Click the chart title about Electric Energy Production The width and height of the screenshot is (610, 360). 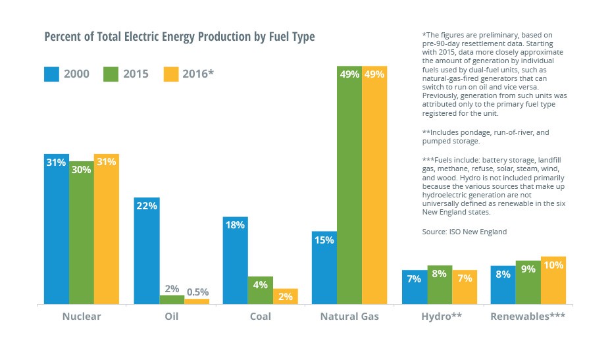click(179, 37)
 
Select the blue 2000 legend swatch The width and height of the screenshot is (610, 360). click(51, 74)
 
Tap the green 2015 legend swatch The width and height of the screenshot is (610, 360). click(111, 74)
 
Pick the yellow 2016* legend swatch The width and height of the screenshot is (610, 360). click(170, 74)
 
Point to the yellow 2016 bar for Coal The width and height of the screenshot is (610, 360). click(286, 297)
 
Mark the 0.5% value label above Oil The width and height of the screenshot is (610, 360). click(197, 292)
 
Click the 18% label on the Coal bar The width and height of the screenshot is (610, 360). click(235, 225)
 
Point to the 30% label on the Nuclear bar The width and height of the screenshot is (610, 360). click(81, 169)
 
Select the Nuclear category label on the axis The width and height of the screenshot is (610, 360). click(82, 317)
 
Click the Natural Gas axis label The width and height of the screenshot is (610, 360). click(349, 317)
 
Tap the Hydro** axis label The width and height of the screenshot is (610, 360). click(442, 317)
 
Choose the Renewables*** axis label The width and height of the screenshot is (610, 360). click(528, 317)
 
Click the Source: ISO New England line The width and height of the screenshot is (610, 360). click(464, 232)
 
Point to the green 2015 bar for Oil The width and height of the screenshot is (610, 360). click(172, 300)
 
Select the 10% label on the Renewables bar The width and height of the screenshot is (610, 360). click(553, 265)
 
